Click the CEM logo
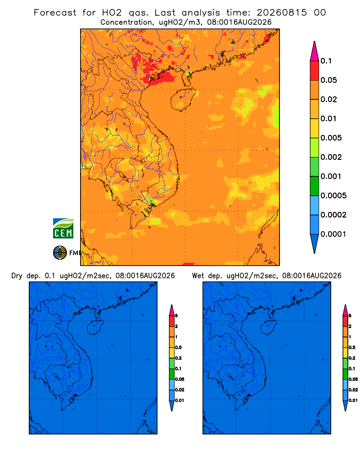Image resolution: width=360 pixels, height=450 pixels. (x=63, y=228)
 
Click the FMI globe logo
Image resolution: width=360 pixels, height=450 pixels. (x=60, y=252)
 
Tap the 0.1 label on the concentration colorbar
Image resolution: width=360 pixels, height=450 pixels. (x=326, y=61)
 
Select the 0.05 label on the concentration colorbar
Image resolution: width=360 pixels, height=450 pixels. (x=328, y=80)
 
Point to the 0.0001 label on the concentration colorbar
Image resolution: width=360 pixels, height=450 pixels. (x=333, y=234)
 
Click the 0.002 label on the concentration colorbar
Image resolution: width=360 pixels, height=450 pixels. (x=331, y=157)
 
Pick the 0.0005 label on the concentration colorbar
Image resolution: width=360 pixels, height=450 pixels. (x=333, y=195)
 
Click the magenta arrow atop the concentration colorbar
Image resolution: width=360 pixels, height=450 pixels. (x=315, y=51)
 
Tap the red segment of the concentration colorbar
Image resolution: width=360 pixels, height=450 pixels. (x=315, y=70)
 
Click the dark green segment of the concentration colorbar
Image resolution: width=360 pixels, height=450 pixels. (x=315, y=186)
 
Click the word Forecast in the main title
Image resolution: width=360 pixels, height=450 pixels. (x=55, y=13)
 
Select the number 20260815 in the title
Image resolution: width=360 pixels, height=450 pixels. (x=282, y=13)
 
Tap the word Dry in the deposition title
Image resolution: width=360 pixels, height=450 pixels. (x=17, y=276)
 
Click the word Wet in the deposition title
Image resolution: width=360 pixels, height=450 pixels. (x=198, y=276)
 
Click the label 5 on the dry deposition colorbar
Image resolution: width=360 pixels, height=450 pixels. (x=176, y=316)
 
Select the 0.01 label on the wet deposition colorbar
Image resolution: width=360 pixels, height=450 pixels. (x=353, y=400)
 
